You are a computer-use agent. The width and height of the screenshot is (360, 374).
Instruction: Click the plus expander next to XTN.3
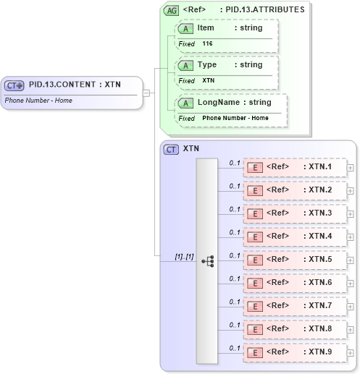(x=351, y=214)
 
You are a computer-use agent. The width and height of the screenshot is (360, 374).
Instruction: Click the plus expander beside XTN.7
(x=351, y=306)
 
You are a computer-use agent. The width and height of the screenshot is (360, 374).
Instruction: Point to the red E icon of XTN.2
(x=255, y=190)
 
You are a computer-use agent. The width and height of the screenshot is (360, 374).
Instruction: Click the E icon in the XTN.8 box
(x=255, y=329)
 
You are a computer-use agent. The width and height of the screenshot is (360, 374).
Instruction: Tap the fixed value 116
(x=207, y=43)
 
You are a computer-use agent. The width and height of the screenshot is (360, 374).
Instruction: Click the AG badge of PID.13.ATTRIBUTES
(x=172, y=10)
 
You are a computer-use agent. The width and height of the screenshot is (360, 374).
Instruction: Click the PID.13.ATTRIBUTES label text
(x=265, y=9)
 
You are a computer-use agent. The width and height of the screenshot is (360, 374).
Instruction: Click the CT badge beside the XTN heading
(x=172, y=149)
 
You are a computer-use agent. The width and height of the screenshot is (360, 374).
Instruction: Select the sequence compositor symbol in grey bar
(x=207, y=260)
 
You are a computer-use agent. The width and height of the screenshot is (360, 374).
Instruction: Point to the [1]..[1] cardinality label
(x=185, y=256)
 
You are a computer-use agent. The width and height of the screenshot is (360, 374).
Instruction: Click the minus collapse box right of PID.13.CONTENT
(x=146, y=93)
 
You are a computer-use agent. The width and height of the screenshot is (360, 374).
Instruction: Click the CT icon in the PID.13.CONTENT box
(x=14, y=85)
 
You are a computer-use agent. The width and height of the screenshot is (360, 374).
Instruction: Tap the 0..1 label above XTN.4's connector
(x=235, y=232)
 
